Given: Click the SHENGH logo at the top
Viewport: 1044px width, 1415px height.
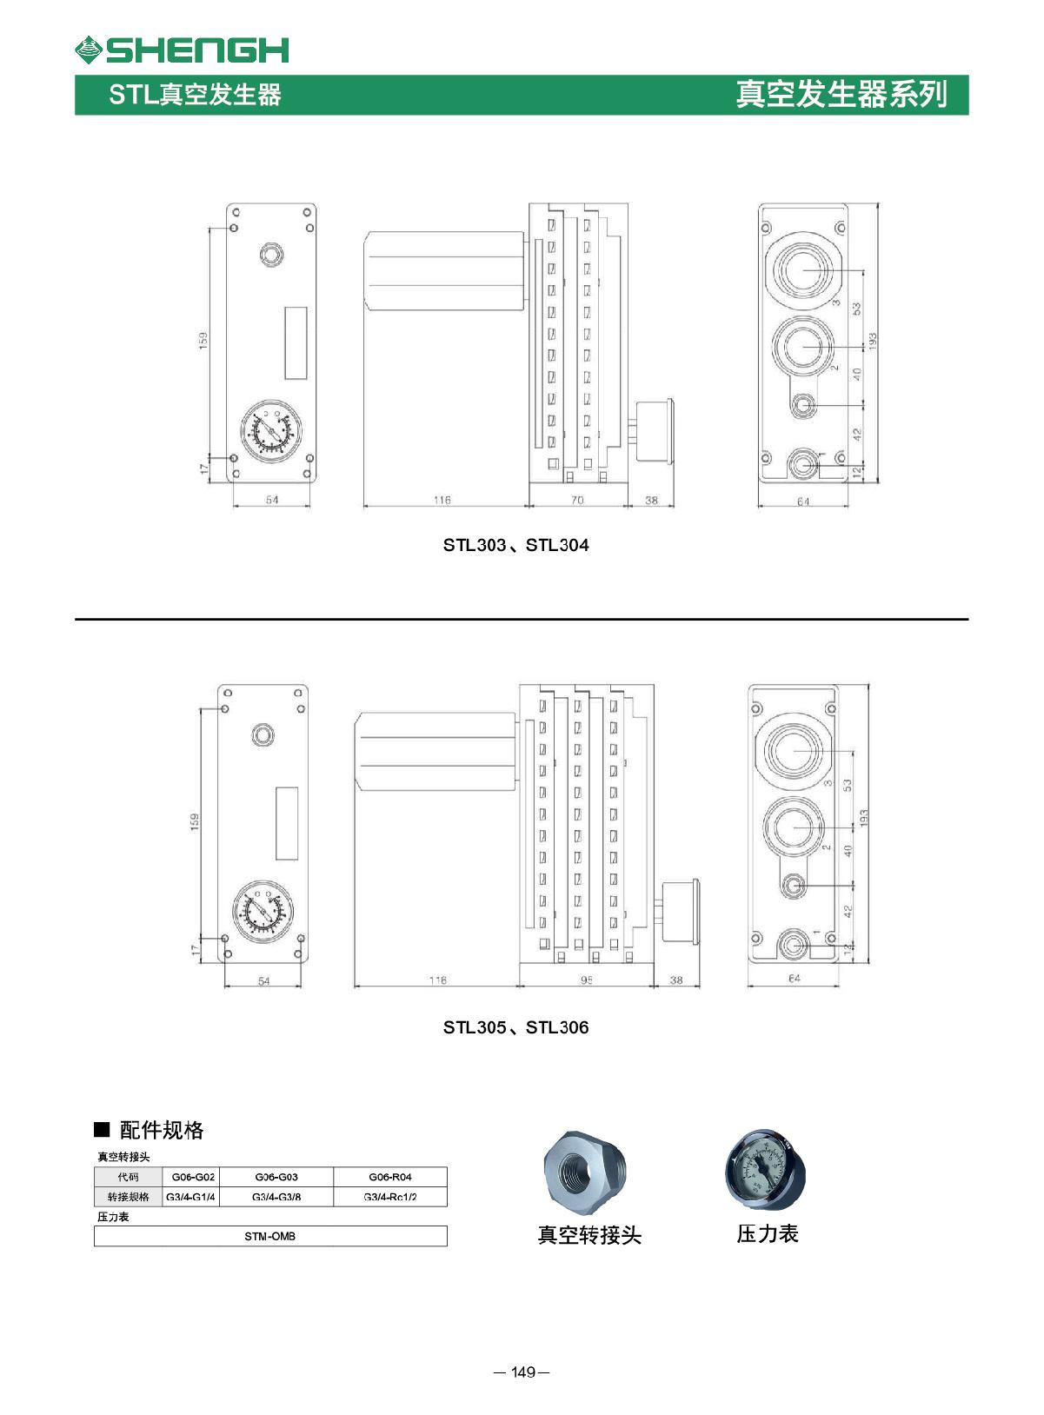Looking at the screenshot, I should coord(182,50).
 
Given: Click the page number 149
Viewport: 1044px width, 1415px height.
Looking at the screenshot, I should coord(522,1372).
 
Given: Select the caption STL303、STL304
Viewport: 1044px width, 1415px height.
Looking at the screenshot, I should coord(515,545).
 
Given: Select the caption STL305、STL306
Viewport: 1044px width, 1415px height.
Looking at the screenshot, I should coord(515,1027).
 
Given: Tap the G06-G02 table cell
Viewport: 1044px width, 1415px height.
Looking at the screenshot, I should coord(193,1177).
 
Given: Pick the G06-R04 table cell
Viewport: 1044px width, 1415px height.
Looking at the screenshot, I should coord(390,1177).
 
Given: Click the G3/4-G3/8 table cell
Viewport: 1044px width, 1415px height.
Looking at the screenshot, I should coord(276,1197).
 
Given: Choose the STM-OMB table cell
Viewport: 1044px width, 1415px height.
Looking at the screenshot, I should coord(270,1236).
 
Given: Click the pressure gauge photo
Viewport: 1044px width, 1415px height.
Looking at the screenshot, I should coord(766,1171).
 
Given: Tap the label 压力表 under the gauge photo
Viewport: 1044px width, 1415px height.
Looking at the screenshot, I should coord(768,1233).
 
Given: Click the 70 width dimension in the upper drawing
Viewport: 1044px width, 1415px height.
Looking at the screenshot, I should coord(577,500).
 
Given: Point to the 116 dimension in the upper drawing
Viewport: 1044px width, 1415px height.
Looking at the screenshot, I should coord(442,500).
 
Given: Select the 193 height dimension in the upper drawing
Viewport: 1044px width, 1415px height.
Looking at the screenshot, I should coord(873,340).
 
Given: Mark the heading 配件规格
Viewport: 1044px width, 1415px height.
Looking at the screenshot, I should coord(161,1130).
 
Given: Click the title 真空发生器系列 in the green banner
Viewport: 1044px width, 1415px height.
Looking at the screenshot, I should coord(841,95).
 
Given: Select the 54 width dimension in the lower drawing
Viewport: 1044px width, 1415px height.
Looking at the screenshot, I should coord(264,980).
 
